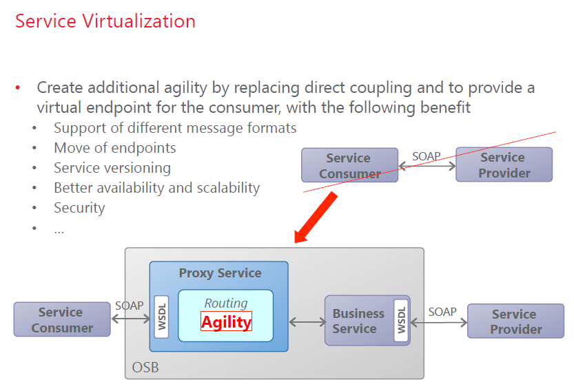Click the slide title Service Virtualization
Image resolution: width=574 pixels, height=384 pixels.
105,21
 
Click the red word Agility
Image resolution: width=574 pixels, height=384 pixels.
226,321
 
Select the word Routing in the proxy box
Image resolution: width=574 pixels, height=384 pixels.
226,303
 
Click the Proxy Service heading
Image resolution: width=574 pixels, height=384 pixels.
220,273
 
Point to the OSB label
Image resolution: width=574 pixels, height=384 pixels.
145,367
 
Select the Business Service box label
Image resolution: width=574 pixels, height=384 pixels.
358,321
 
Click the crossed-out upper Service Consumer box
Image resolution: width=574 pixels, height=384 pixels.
349,166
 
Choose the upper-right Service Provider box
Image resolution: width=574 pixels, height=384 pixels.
504,165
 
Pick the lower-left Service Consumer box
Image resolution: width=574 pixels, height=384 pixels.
61,320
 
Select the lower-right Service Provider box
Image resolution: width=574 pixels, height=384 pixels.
515,321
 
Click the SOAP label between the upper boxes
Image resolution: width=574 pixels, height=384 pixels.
426,156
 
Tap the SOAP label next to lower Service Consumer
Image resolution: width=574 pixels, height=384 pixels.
130,306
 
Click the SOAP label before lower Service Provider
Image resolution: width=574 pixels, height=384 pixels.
442,312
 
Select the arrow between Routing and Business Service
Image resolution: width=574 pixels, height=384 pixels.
307,321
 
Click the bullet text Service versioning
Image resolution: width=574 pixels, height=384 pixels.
112,168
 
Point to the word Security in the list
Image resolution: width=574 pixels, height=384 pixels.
79,207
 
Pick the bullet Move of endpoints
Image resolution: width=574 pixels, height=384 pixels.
114,148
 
